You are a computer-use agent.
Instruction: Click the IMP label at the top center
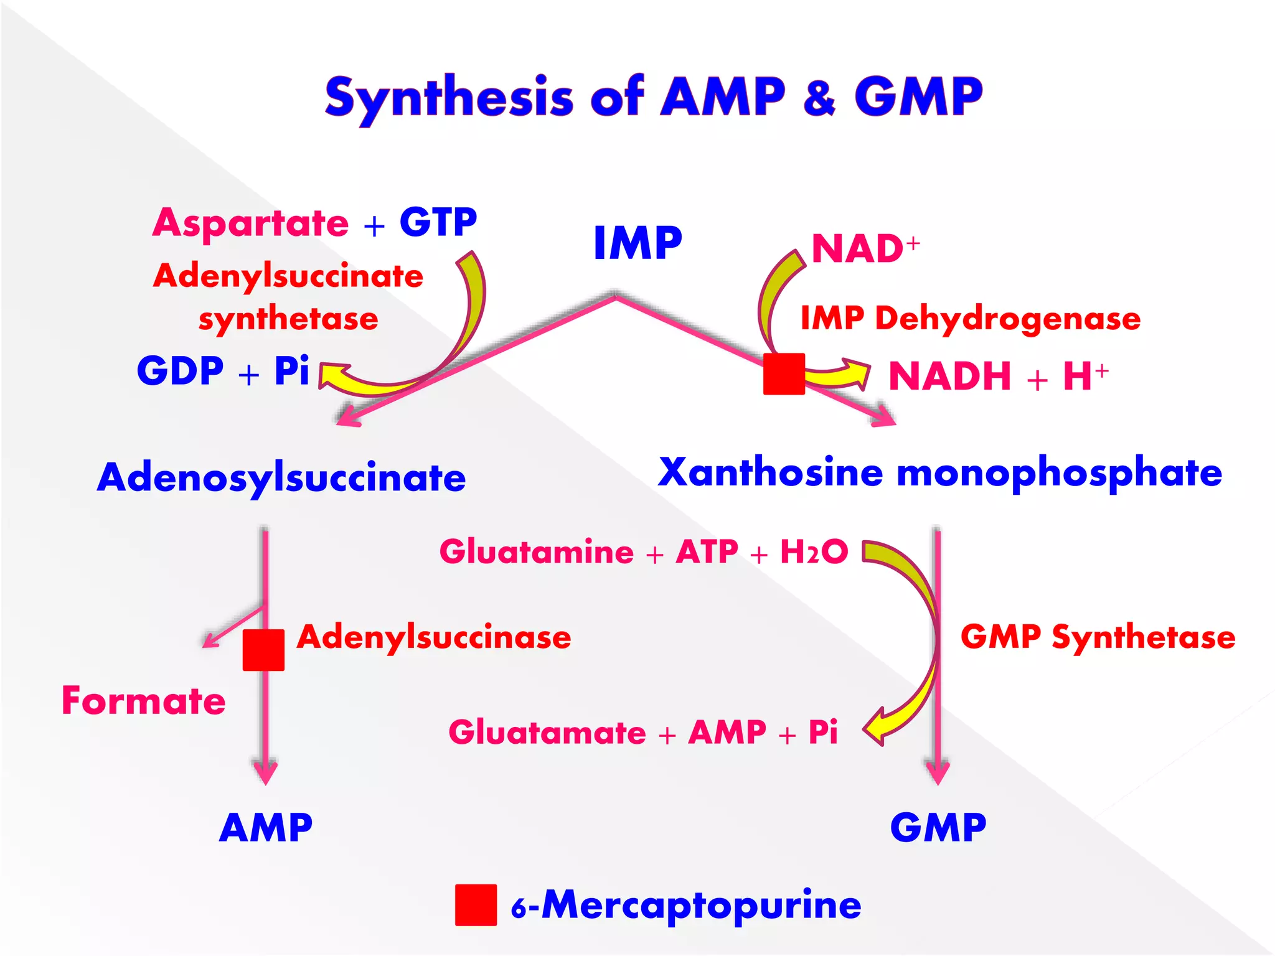click(x=637, y=243)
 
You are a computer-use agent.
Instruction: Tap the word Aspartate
click(x=251, y=223)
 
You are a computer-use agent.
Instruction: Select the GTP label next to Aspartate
click(x=438, y=222)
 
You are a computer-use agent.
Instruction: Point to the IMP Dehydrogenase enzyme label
click(x=970, y=318)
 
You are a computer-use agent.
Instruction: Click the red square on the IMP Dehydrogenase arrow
click(x=784, y=374)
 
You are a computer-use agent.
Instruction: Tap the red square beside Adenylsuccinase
click(x=263, y=650)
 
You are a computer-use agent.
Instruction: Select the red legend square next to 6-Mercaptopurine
click(x=476, y=905)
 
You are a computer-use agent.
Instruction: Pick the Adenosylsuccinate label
click(x=281, y=477)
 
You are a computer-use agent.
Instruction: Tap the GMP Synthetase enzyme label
click(x=1098, y=637)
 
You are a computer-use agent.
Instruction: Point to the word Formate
click(x=144, y=700)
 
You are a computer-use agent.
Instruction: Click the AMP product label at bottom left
click(x=266, y=827)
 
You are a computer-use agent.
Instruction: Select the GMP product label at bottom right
click(x=938, y=827)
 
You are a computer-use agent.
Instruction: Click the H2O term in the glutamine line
click(x=814, y=551)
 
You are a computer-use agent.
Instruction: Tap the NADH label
click(x=949, y=376)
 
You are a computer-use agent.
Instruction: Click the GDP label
click(x=180, y=371)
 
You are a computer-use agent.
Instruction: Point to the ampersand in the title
click(x=819, y=98)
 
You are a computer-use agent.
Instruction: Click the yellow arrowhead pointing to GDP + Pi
click(x=333, y=377)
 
